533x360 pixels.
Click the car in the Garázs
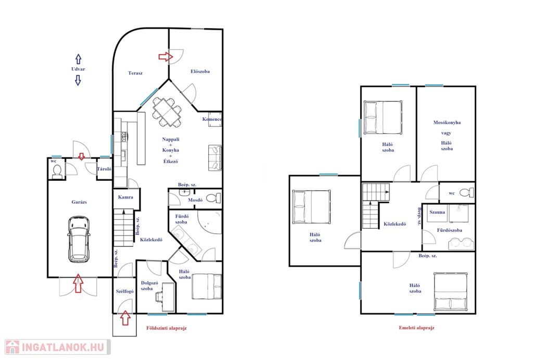click(x=79, y=239)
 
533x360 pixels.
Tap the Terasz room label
click(x=135, y=73)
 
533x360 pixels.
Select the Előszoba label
click(x=200, y=71)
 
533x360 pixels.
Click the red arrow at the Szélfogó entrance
click(x=125, y=318)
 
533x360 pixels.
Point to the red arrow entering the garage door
click(x=78, y=283)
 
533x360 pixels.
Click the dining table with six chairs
click(x=167, y=113)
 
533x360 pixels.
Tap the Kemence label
click(x=212, y=119)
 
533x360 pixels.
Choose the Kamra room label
click(x=125, y=197)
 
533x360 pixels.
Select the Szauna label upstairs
click(x=437, y=212)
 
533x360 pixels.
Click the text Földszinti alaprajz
click(x=167, y=328)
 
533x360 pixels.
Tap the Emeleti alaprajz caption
click(x=416, y=328)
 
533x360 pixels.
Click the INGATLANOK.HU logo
click(x=58, y=347)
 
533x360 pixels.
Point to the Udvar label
click(x=78, y=69)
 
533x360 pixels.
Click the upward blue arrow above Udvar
click(x=78, y=59)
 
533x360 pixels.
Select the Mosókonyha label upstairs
click(x=447, y=122)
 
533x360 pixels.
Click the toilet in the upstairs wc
click(x=467, y=193)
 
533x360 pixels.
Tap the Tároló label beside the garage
click(x=104, y=169)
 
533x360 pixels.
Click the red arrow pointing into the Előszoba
click(x=166, y=56)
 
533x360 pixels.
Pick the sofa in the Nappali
click(x=215, y=158)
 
